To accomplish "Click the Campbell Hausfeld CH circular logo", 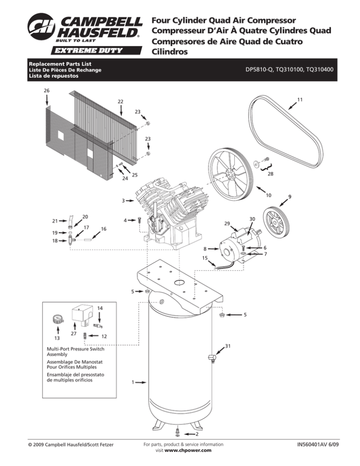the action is coord(41,27).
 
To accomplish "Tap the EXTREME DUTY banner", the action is coord(96,50).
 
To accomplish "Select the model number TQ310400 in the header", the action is coord(320,69).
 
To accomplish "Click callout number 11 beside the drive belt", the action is coord(300,100).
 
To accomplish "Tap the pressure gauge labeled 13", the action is coord(58,320).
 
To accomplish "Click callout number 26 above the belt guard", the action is coord(47,90).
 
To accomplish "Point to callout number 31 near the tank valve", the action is coord(228,346).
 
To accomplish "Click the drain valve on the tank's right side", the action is coord(212,358).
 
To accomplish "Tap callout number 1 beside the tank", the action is coord(133,382).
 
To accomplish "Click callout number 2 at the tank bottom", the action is coord(197,434).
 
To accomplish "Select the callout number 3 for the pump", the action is coord(123,201).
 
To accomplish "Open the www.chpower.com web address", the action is coord(188,450).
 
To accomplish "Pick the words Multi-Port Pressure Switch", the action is coord(75,349).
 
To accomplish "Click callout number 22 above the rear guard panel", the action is coord(120,102).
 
